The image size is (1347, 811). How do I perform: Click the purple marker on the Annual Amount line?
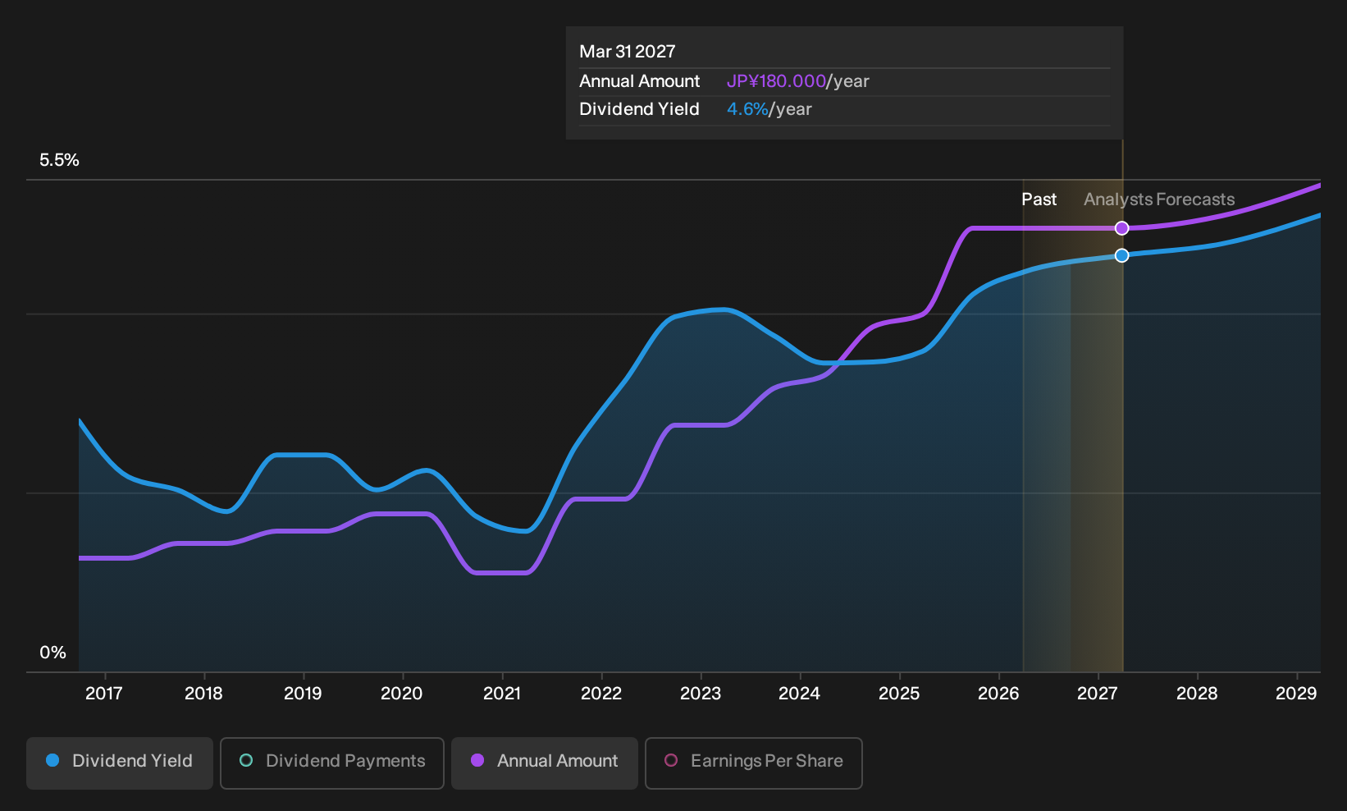click(1121, 228)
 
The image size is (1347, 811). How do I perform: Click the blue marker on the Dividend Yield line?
click(1121, 255)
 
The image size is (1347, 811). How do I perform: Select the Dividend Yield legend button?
click(120, 763)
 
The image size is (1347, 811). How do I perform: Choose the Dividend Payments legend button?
click(332, 763)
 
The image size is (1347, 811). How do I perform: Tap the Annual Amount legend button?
click(544, 763)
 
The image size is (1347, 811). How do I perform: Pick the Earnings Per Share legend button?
click(753, 763)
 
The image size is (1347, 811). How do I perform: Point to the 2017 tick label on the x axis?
click(104, 694)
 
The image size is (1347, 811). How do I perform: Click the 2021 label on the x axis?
click(502, 694)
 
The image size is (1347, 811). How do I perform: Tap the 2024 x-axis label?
click(800, 694)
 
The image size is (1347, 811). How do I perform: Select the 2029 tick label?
click(1296, 694)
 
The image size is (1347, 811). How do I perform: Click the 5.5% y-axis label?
click(59, 160)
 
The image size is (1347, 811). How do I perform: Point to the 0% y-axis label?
click(53, 653)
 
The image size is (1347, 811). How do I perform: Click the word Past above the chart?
click(1039, 199)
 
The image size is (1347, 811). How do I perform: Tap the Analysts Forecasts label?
click(1159, 199)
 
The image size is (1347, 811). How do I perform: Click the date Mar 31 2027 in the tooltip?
click(628, 52)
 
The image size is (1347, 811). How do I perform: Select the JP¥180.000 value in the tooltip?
click(776, 81)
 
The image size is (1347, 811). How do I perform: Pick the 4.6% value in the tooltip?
click(747, 109)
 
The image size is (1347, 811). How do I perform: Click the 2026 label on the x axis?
click(999, 694)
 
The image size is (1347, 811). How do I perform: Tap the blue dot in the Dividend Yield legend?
click(53, 760)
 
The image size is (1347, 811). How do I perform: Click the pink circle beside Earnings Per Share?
click(671, 760)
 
